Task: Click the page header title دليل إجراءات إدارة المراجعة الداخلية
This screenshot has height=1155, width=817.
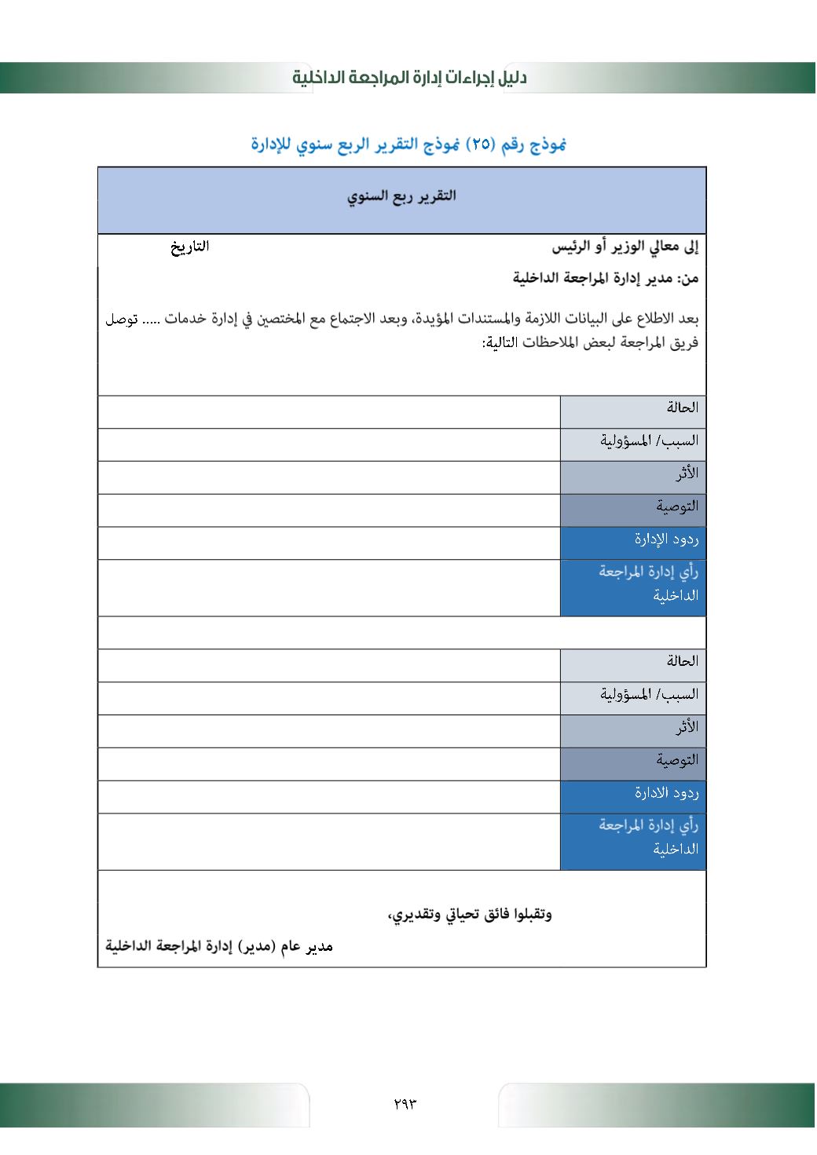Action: (x=409, y=77)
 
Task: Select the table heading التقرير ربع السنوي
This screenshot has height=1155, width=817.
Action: (x=401, y=196)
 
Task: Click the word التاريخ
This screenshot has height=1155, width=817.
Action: (x=190, y=247)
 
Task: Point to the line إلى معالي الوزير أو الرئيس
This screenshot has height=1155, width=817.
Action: (x=625, y=247)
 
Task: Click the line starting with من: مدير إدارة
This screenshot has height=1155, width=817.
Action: (x=606, y=278)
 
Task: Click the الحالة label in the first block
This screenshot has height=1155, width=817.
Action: (x=682, y=408)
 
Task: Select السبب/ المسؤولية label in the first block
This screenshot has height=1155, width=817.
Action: (x=649, y=440)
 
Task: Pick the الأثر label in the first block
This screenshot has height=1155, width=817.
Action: (x=687, y=473)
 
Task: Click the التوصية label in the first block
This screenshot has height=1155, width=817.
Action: (x=677, y=506)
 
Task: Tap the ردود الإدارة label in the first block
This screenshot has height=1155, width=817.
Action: (x=666, y=539)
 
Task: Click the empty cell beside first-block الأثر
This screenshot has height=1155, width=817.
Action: (x=329, y=477)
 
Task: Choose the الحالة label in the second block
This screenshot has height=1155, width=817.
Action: (x=682, y=661)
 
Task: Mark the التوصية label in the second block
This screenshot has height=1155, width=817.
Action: (x=677, y=760)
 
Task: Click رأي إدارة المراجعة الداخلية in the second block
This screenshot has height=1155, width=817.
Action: (x=649, y=837)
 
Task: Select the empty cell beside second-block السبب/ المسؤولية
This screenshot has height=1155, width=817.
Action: (x=329, y=697)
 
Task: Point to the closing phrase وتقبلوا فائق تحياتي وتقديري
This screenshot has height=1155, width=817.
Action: (x=470, y=915)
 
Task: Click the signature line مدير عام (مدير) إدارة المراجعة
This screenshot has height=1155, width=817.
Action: (x=219, y=946)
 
